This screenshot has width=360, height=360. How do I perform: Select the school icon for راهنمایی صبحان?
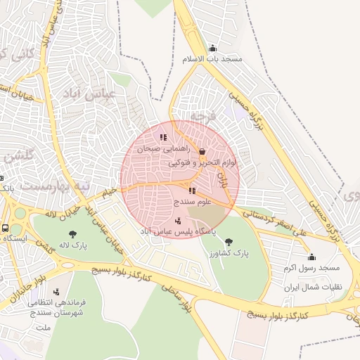pos(163,138)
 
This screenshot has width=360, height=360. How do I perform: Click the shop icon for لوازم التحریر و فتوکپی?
pos(202,151)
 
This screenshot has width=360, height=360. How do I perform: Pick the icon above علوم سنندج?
pos(191,191)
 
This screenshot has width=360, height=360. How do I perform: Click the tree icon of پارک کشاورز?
pos(229,242)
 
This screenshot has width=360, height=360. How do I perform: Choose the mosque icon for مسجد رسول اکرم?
pos(311,257)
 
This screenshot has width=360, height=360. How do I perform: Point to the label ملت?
pos(44,328)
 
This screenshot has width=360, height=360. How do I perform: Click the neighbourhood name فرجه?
pos(202,115)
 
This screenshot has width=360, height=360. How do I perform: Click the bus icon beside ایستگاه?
pos(6,229)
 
